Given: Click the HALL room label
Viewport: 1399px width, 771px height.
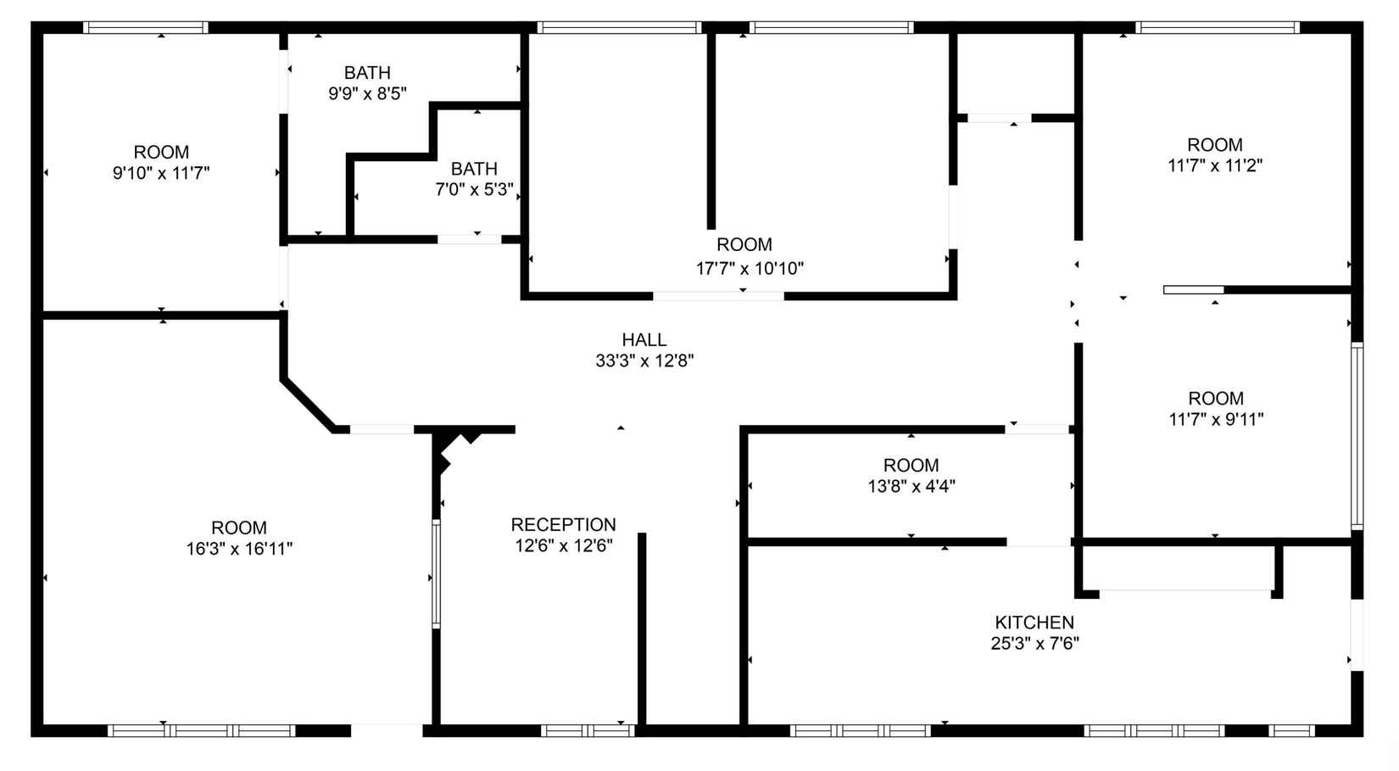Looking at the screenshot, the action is pos(644,340).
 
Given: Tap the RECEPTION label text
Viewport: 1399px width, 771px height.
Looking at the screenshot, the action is pos(563,525).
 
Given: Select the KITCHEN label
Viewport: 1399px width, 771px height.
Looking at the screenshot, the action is pos(1034,623).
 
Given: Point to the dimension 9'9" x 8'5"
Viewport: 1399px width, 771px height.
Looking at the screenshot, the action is pos(367,93).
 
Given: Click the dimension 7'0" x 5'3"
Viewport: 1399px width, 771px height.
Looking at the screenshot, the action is pos(474,189).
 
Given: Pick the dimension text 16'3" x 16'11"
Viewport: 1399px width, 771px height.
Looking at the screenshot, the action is pos(239,549).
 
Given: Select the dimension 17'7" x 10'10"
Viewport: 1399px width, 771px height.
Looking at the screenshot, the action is pos(750,268).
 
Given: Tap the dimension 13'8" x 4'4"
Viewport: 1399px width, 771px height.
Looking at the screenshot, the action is pos(911,486).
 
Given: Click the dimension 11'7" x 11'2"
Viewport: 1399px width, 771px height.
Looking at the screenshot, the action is pos(1215,165).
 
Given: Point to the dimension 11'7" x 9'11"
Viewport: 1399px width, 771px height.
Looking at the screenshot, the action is pos(1216,419).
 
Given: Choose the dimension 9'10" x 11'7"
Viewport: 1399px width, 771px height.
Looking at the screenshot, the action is pos(161,173).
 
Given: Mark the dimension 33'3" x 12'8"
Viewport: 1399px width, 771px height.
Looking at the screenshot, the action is pos(644,361).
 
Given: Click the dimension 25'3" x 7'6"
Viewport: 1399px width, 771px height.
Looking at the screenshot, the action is pos(1035,644).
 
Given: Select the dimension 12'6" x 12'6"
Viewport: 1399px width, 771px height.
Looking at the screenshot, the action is pos(563,546).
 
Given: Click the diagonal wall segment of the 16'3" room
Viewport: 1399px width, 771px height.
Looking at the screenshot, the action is pos(308,404).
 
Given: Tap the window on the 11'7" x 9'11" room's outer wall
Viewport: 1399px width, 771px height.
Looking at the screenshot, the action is pos(1357,435).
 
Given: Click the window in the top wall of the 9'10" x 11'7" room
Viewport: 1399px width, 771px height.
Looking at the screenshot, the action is pos(146,27).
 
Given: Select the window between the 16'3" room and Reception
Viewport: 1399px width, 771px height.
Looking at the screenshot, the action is pos(436,573).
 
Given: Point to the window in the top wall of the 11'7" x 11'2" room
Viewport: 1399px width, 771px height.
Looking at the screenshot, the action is pos(1218,27).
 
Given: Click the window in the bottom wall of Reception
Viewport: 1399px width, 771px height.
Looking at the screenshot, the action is pos(588,730).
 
